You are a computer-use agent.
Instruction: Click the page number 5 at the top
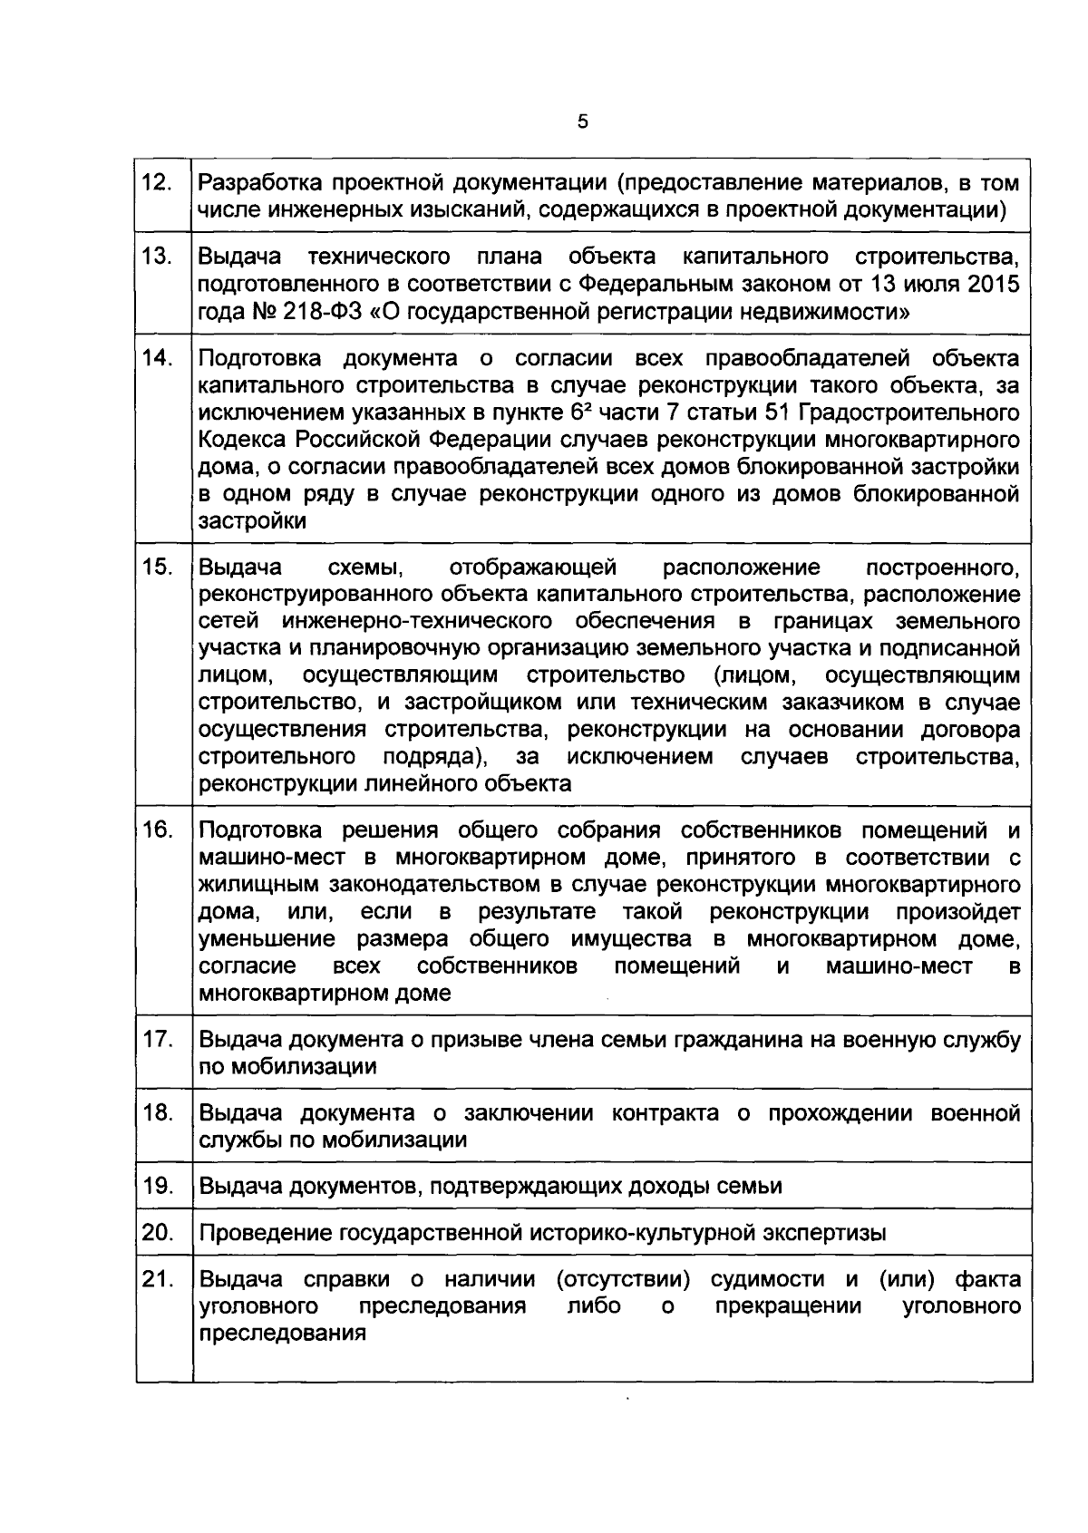[582, 121]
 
